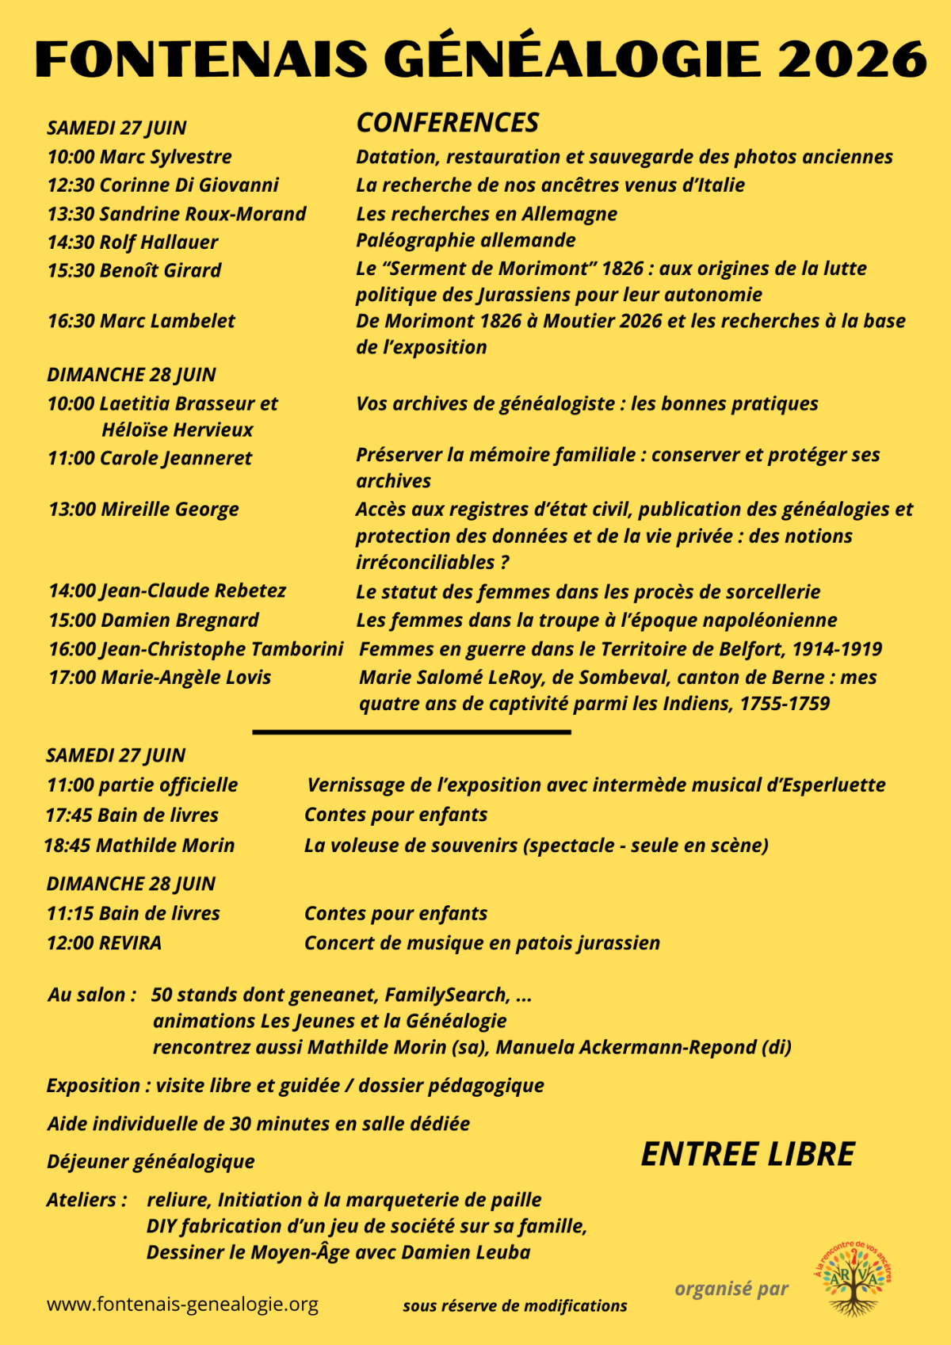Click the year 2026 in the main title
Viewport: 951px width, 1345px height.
point(853,59)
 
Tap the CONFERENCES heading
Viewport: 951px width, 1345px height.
point(447,123)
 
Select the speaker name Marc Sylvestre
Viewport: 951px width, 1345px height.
point(166,157)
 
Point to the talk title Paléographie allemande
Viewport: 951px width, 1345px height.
point(465,240)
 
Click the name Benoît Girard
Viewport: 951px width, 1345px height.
point(160,270)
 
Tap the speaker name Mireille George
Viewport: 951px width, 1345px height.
point(170,510)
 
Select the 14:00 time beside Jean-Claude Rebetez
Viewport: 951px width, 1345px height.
point(72,591)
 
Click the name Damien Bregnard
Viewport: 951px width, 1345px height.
point(180,621)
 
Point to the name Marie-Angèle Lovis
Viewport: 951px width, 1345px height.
point(185,678)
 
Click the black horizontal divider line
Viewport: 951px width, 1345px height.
point(411,732)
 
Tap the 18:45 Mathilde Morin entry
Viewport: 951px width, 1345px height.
point(139,846)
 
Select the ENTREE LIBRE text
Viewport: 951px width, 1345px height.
point(747,1155)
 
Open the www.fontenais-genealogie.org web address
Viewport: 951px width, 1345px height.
point(182,1304)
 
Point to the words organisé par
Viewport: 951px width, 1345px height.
point(731,1289)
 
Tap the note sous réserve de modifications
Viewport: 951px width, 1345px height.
point(514,1306)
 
